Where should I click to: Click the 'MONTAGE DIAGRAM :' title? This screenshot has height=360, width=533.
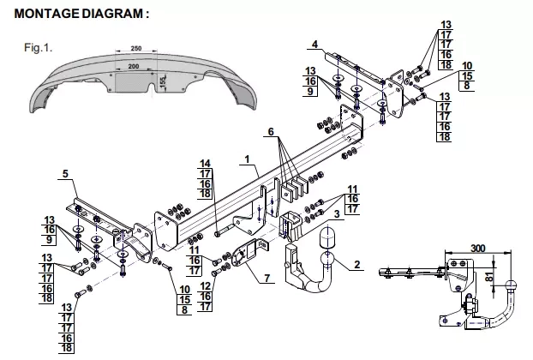(x=81, y=14)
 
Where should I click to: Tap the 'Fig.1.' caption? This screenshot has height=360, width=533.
(x=38, y=48)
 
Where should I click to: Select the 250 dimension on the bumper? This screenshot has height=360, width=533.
(x=136, y=48)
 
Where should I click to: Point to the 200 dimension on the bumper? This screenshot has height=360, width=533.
(x=134, y=66)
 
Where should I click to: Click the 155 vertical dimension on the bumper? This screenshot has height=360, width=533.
(x=163, y=81)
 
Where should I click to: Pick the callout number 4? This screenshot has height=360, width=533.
(x=314, y=45)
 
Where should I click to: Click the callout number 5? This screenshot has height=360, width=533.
(x=65, y=174)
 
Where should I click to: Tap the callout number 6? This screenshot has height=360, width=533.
(x=271, y=131)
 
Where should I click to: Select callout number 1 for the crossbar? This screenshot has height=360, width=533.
(x=247, y=159)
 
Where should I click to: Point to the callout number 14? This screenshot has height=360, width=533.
(x=206, y=164)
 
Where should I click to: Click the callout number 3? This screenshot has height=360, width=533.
(x=337, y=214)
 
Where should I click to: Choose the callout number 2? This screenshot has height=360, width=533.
(x=356, y=264)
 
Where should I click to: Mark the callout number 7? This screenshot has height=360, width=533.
(x=267, y=278)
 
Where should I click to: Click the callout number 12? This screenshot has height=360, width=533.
(x=206, y=286)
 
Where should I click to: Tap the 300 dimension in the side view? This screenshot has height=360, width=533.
(x=478, y=249)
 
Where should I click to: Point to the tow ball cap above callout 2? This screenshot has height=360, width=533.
(x=326, y=238)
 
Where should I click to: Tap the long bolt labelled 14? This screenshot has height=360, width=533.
(x=227, y=230)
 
